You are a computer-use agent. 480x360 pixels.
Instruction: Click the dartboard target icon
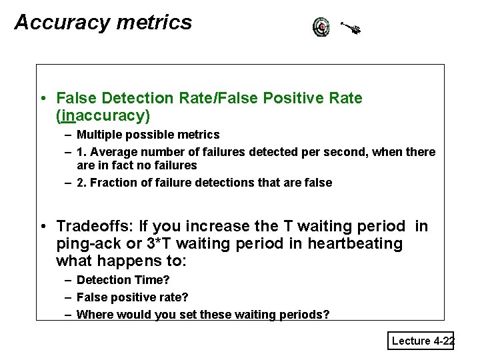point(321,27)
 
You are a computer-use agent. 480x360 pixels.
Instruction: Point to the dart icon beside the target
point(350,28)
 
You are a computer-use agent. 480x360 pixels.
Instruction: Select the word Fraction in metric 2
point(111,183)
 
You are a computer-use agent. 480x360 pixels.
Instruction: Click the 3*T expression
point(158,243)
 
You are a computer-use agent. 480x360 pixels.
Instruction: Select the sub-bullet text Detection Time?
point(123,280)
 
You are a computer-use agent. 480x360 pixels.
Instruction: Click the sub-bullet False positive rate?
point(131,297)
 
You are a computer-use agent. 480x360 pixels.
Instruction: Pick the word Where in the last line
point(94,315)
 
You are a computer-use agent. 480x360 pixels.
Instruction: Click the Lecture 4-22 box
point(421,341)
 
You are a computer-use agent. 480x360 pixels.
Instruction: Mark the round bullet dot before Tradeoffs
point(42,227)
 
